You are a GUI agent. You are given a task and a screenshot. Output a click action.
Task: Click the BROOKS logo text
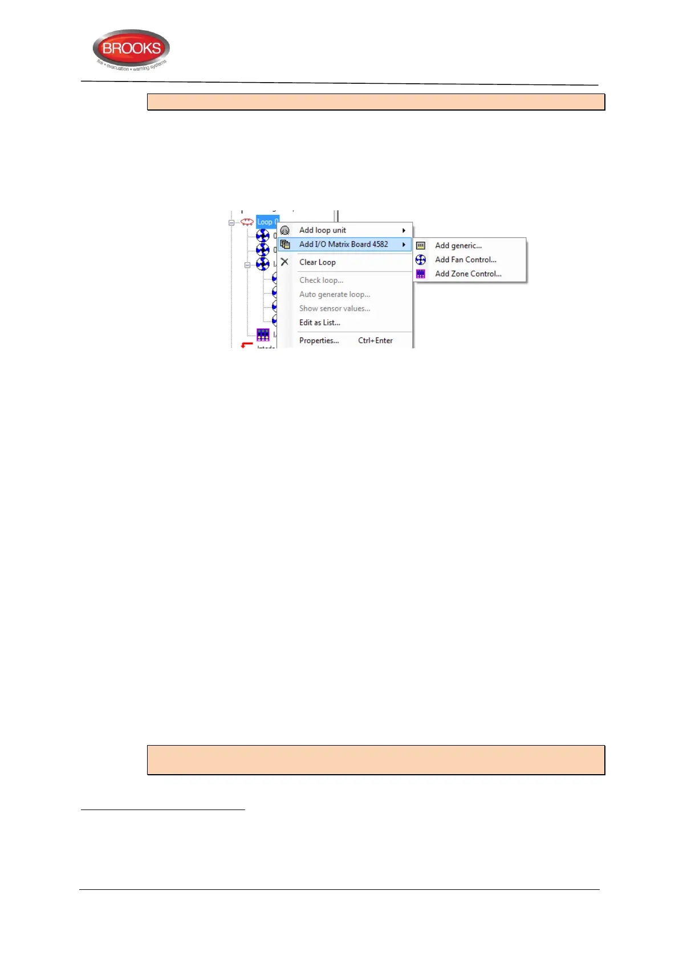coord(131,48)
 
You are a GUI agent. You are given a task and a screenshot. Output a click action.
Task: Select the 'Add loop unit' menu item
coord(323,230)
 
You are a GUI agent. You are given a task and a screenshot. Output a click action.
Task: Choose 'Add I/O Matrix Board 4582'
coord(343,245)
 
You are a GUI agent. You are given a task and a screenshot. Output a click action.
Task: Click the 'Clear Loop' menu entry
coord(318,262)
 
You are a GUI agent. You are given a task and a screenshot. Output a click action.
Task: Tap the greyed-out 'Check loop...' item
coord(321,280)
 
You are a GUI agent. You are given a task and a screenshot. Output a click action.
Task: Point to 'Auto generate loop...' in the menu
coord(335,295)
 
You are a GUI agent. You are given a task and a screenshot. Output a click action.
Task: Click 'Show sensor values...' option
coord(335,308)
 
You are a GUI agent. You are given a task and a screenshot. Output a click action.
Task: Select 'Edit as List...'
coord(319,323)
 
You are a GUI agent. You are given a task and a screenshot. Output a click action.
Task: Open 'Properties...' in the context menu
coord(319,341)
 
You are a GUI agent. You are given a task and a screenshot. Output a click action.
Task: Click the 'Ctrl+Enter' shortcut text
coord(375,341)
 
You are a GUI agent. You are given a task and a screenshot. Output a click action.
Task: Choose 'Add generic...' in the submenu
coord(458,246)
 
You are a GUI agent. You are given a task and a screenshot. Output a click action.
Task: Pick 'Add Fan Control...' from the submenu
coord(465,260)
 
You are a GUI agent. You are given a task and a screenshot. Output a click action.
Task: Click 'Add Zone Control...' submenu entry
coord(468,274)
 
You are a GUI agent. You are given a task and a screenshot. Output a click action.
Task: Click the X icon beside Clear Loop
coord(284,262)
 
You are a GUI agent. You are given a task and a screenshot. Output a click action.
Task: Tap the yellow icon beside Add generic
coord(421,246)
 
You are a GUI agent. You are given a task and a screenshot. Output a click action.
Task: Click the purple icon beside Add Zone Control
coord(421,274)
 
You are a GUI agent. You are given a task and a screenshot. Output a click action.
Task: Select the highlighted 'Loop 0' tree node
coord(267,222)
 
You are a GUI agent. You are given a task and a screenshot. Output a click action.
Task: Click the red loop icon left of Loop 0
coord(247,222)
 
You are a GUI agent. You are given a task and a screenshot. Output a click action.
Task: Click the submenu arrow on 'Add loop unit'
coord(404,230)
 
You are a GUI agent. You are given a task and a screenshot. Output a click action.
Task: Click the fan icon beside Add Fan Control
coord(421,260)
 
